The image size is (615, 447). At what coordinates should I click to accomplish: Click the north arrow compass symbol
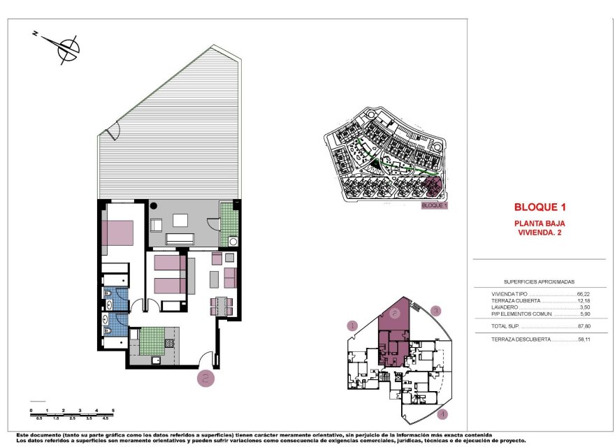tap(68, 47)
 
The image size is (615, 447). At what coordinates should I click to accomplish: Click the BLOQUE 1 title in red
tap(539, 207)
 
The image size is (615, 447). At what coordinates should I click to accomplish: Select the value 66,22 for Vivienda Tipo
tap(584, 294)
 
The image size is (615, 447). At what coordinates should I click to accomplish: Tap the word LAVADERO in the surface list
tap(505, 307)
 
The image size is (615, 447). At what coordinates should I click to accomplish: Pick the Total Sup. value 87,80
tap(584, 326)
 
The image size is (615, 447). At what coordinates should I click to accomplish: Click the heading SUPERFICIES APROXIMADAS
tap(539, 281)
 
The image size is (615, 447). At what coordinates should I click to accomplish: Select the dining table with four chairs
tap(222, 306)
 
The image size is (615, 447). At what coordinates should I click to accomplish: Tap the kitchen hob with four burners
tap(169, 344)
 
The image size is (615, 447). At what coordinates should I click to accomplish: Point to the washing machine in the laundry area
tap(233, 242)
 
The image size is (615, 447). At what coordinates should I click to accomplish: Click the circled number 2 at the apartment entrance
tap(205, 379)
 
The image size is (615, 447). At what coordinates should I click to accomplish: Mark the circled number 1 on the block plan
tap(353, 325)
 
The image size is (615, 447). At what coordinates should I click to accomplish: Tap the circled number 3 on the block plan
tap(435, 311)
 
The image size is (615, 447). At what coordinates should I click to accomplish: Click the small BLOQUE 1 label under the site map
tap(435, 206)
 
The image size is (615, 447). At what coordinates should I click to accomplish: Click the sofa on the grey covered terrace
tap(179, 238)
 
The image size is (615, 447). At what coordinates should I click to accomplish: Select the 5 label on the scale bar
tap(113, 410)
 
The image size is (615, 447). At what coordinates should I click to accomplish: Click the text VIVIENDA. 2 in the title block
tap(539, 233)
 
